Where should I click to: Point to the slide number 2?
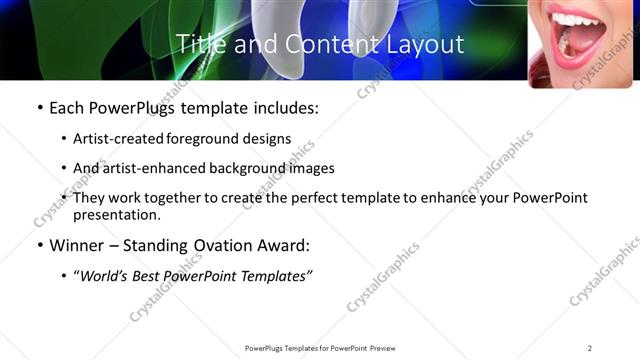[x=589, y=347]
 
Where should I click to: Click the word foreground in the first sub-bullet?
[x=198, y=138]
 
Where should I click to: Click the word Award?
[x=287, y=246]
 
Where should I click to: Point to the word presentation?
[x=116, y=214]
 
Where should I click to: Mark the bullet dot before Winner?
[x=39, y=246]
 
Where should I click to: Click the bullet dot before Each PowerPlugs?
[x=39, y=107]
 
